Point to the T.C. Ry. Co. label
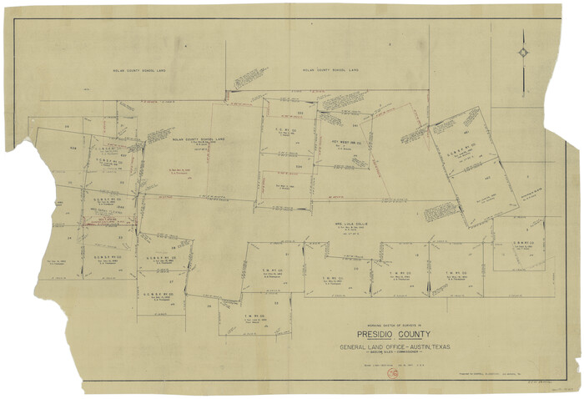[281, 129]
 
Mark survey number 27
[171, 281]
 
